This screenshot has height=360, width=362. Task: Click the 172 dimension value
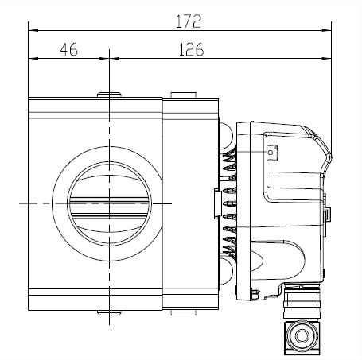[189, 21]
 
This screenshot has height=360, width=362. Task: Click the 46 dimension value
[68, 49]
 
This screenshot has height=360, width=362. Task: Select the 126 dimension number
[191, 49]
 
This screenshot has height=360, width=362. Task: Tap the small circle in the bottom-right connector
[302, 336]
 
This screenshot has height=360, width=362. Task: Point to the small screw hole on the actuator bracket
[271, 153]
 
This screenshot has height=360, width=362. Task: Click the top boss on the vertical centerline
[109, 95]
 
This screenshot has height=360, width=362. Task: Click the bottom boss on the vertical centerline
[109, 313]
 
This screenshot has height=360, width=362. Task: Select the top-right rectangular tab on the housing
[184, 95]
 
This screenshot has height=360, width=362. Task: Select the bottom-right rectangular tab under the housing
[184, 312]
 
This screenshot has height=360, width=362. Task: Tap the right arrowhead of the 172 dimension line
[326, 30]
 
